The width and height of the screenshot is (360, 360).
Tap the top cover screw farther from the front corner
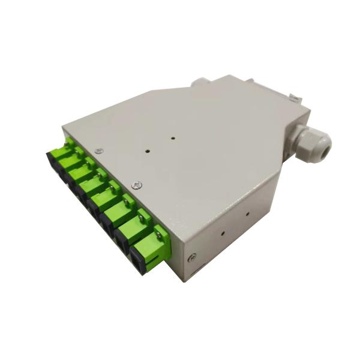[x=100, y=151]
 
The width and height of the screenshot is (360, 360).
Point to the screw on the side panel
[x=192, y=257]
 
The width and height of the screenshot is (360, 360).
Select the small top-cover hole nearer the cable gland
[x=173, y=137]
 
